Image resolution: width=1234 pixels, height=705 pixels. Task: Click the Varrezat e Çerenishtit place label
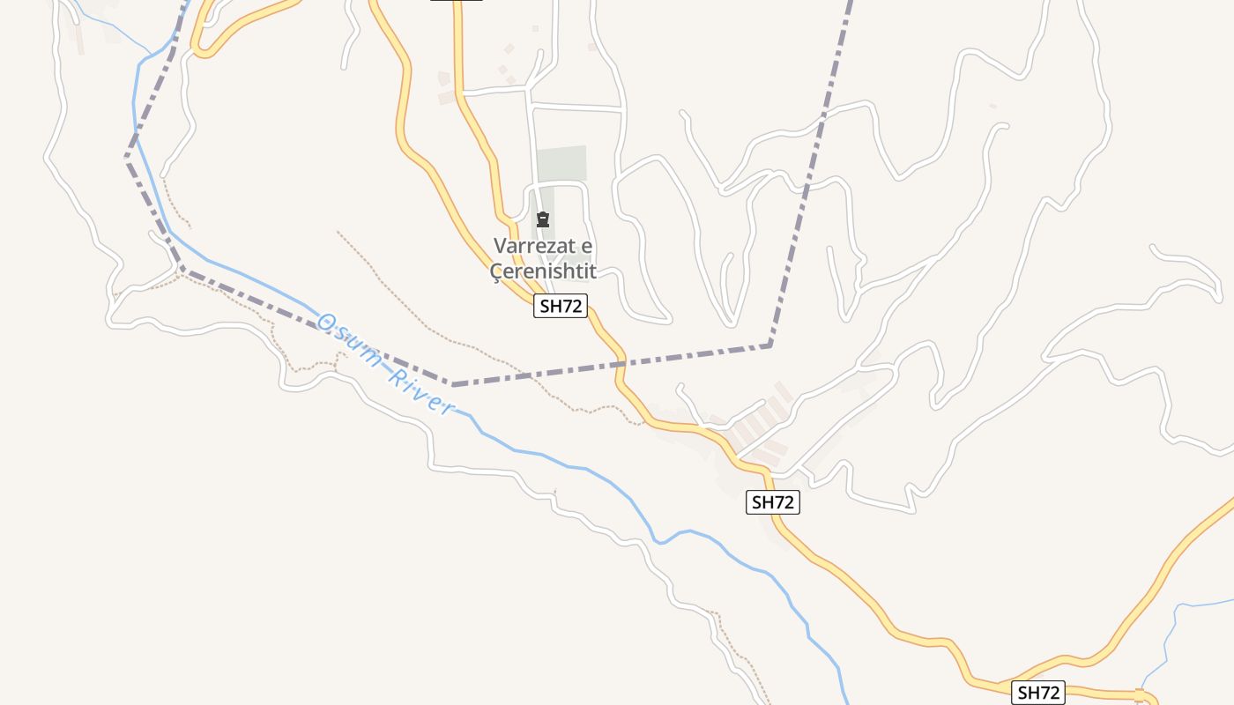point(543,258)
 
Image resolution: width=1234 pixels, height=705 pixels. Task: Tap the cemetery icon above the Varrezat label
point(543,219)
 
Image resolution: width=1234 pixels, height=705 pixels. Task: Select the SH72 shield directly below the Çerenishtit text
point(561,307)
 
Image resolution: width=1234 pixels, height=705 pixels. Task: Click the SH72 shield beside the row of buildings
point(773,502)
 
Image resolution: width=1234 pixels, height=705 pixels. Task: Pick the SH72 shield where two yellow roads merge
point(1037,693)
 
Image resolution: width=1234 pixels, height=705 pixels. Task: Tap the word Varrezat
point(532,246)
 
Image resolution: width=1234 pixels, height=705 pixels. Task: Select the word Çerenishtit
point(543,271)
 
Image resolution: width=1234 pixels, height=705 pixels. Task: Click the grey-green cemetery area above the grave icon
point(561,164)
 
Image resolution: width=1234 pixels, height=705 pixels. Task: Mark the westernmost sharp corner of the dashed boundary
point(127,159)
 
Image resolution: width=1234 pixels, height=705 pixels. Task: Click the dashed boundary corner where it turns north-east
point(770,345)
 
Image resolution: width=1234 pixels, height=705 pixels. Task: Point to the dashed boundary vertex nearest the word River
point(453,384)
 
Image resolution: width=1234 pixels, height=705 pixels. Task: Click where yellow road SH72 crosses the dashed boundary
point(621,361)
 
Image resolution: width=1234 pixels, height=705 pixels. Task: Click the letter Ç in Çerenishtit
point(496,272)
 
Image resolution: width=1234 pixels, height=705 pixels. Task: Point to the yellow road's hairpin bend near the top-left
point(199,49)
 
